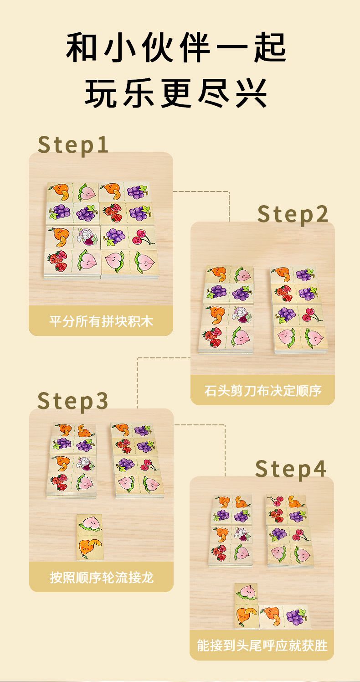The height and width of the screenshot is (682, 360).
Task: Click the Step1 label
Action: tap(73, 145)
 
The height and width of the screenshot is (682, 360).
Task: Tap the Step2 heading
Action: tap(293, 214)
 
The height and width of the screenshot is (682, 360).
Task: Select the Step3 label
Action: tap(73, 401)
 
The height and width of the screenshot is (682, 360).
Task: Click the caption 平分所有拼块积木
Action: tap(101, 321)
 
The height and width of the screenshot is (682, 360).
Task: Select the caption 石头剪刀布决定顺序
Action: tap(262, 391)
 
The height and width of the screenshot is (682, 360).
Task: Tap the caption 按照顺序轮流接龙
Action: tap(101, 577)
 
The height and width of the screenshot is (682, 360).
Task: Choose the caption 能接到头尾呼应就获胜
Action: tap(262, 646)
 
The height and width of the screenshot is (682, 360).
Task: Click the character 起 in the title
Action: tap(270, 48)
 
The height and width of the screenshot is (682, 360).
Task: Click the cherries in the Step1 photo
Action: tap(141, 237)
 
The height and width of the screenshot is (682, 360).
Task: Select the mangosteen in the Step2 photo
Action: tap(242, 315)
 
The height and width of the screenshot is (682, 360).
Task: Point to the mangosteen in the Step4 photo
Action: tap(242, 534)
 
